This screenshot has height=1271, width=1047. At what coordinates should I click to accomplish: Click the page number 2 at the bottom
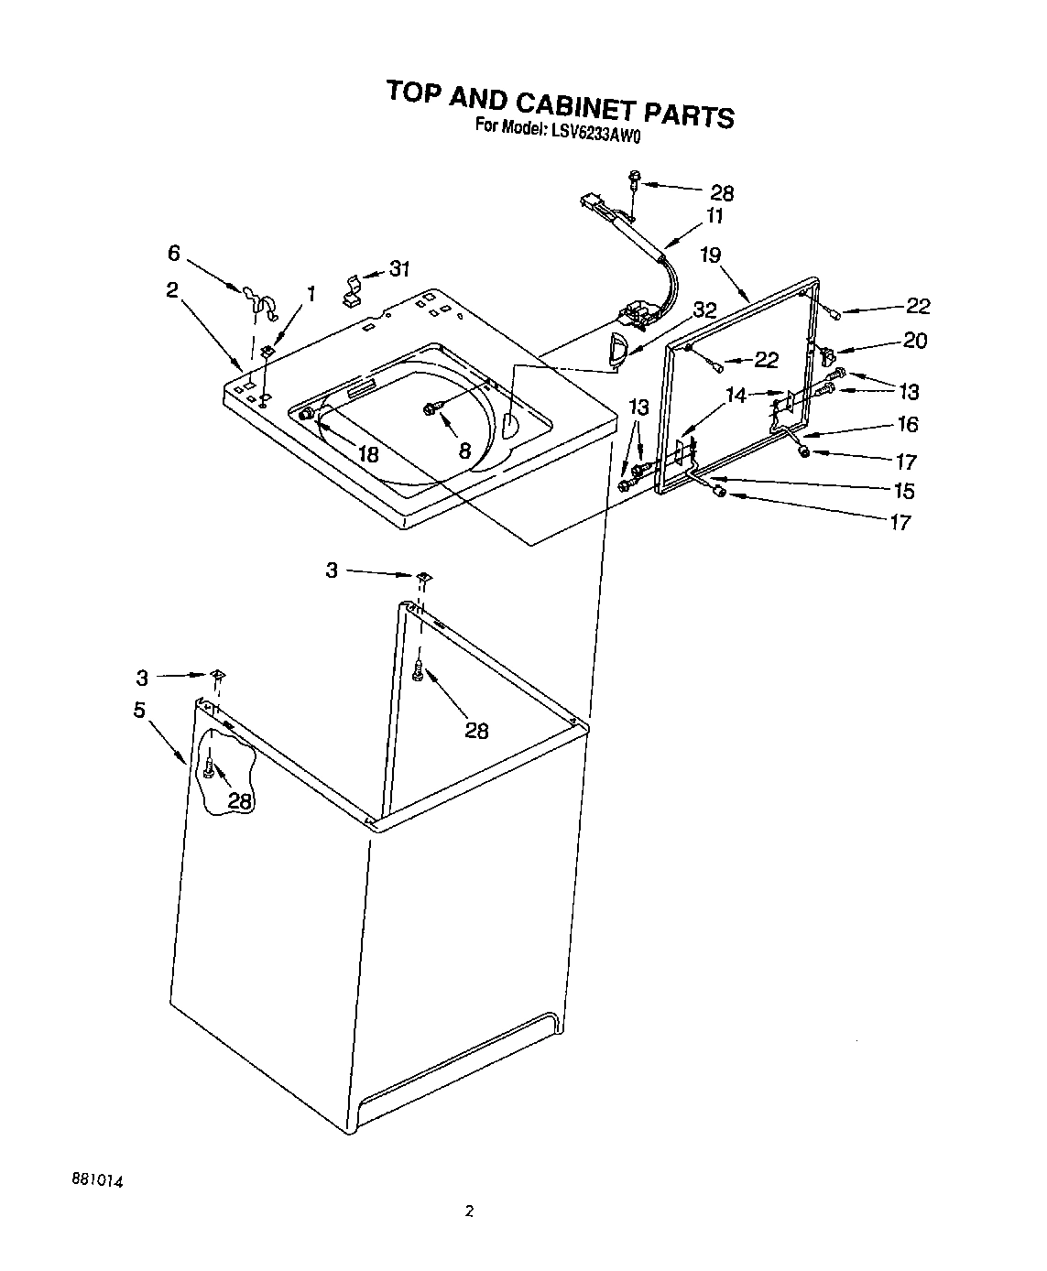[x=469, y=1211]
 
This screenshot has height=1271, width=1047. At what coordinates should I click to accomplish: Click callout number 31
[x=398, y=269]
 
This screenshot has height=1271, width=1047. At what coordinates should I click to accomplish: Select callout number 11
[x=714, y=217]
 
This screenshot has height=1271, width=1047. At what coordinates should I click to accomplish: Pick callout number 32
[x=703, y=310]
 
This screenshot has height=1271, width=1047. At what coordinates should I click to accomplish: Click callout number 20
[x=914, y=341]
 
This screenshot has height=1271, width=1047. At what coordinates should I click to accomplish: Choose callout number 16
[x=907, y=424]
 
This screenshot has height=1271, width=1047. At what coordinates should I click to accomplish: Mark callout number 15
[x=903, y=491]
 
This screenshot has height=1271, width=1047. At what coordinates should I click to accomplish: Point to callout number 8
[x=464, y=450]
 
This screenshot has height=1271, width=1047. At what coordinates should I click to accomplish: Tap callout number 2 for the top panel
[x=171, y=289]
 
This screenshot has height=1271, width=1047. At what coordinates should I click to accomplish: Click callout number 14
[x=736, y=396]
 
